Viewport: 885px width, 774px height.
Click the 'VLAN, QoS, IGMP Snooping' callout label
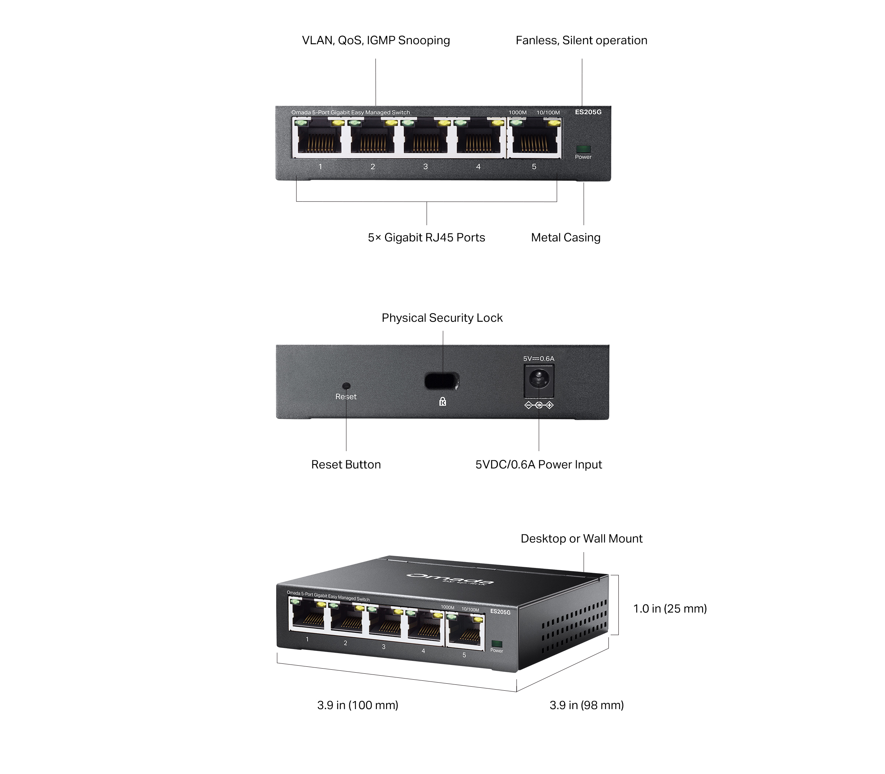pos(375,40)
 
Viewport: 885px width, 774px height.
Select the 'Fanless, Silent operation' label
pos(581,40)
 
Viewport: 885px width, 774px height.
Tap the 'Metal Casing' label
pos(565,238)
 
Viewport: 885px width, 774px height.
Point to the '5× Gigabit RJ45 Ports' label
pos(426,238)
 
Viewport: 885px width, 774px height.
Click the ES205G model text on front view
pos(588,112)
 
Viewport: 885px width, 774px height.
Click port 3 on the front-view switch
pos(426,139)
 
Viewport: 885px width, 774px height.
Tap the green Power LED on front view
pos(583,149)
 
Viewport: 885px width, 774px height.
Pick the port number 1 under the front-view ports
pos(320,167)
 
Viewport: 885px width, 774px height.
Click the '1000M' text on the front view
pos(517,113)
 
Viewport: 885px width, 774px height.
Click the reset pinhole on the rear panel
pos(346,386)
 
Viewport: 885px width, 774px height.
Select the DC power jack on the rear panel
pos(539,380)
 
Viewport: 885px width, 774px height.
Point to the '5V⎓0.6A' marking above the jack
pos(538,359)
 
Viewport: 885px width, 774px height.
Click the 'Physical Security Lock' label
pos(442,318)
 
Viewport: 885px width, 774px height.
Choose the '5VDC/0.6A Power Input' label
pos(538,465)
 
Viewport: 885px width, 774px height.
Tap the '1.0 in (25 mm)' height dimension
pos(670,609)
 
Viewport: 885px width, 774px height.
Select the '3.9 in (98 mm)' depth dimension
pos(586,705)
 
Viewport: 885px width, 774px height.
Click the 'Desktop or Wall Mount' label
pos(581,538)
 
